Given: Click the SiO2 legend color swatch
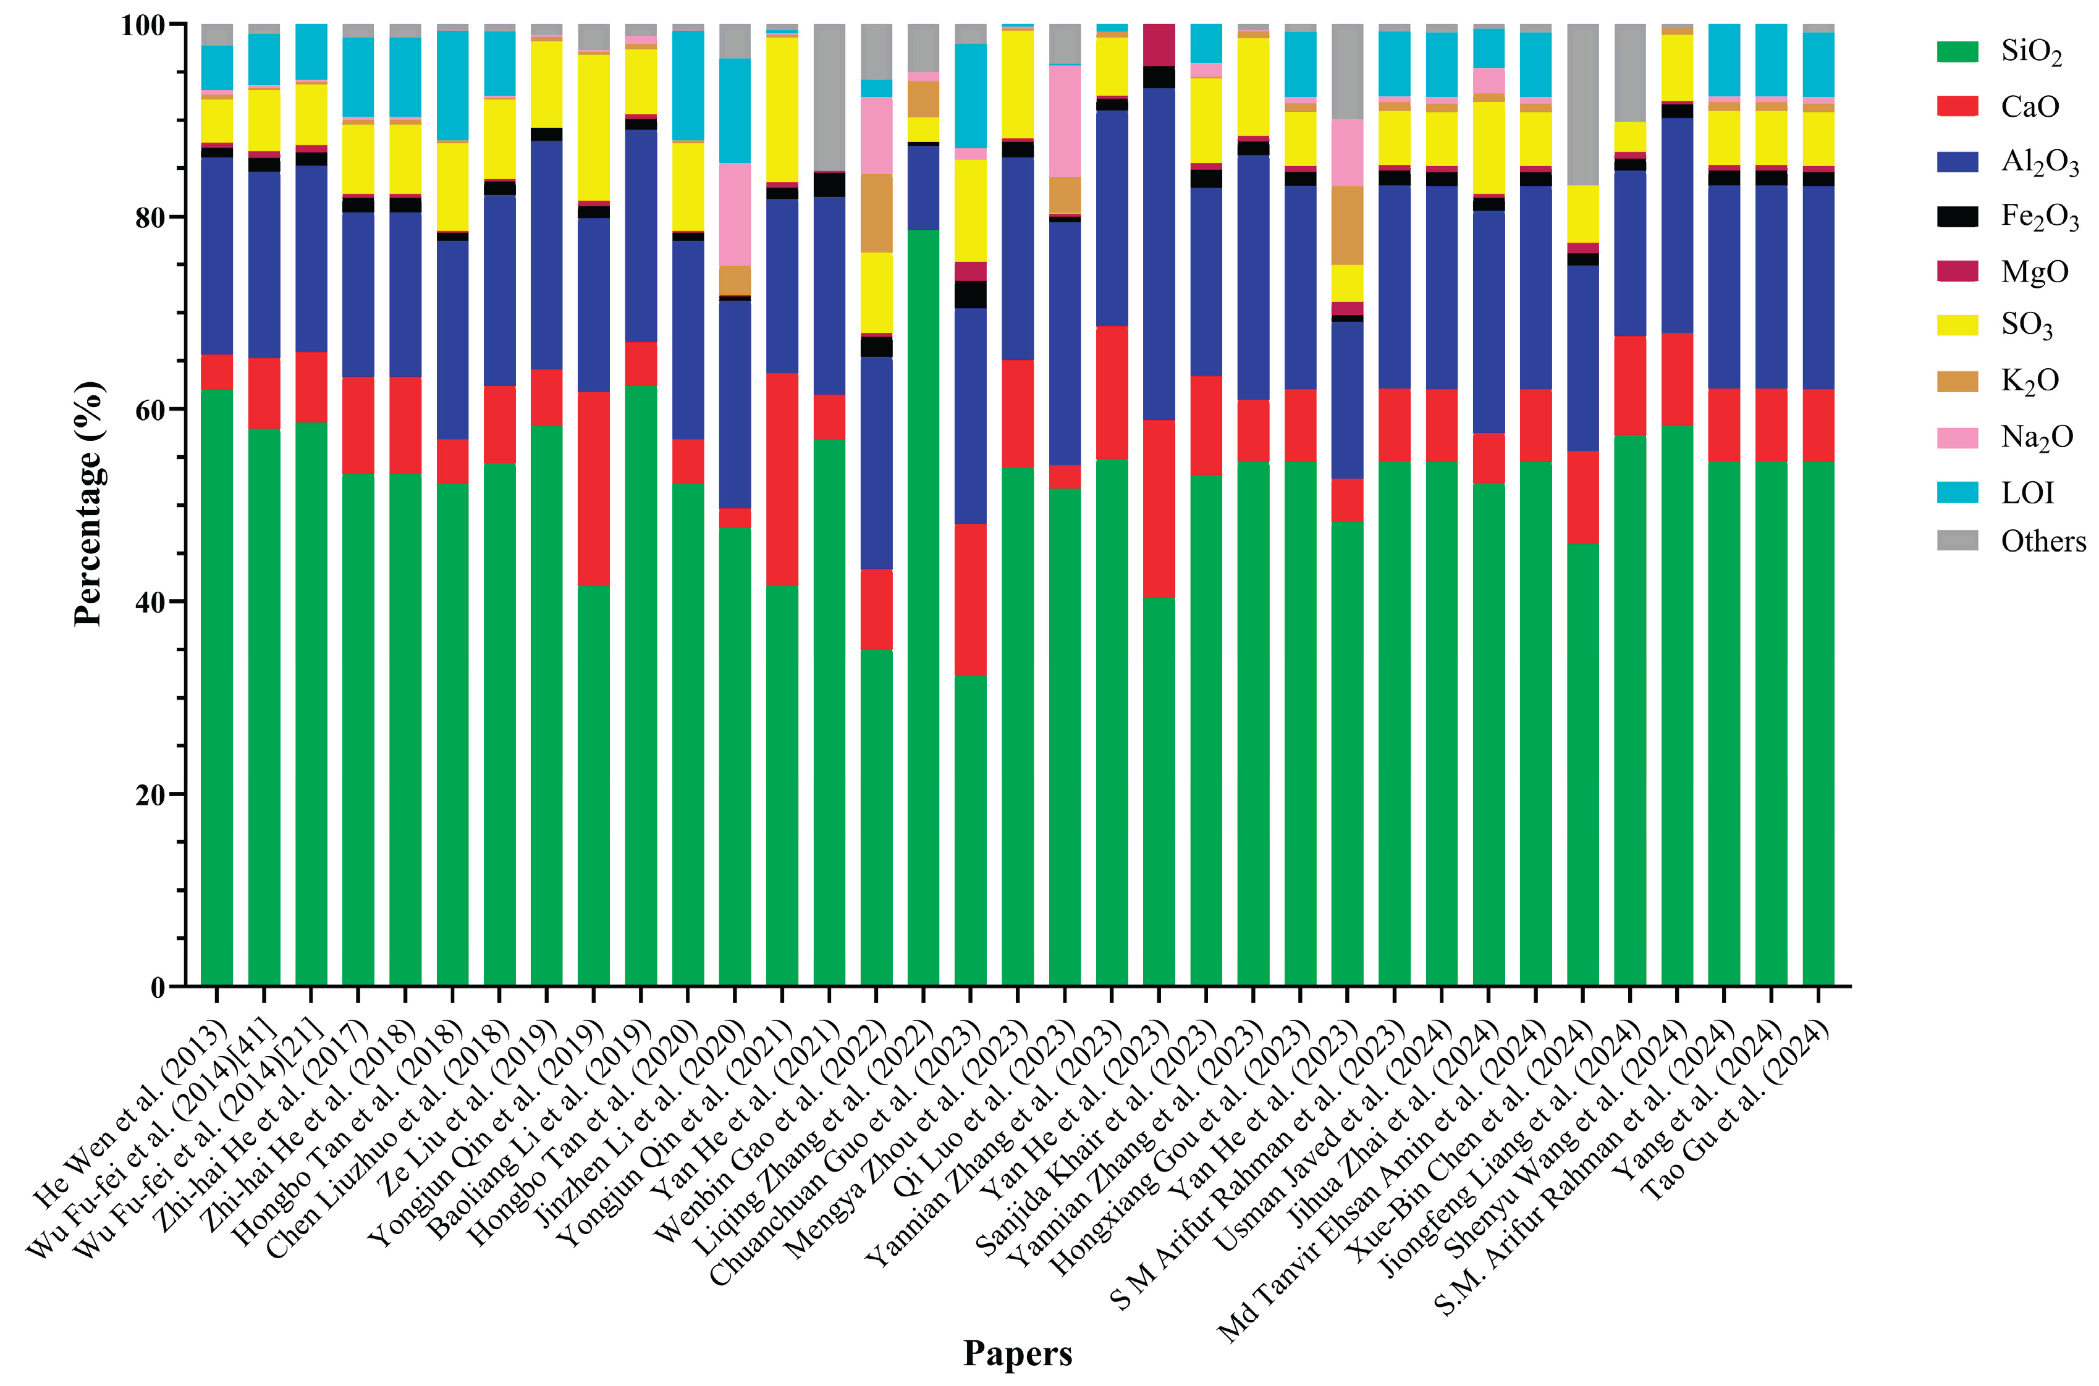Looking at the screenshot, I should point(1957,52).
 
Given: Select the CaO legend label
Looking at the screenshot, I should point(2030,107).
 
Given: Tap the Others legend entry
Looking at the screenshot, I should point(2042,541).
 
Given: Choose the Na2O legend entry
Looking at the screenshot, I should point(2036,437).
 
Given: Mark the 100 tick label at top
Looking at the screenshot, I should point(141,25).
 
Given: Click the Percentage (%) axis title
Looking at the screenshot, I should point(88,504).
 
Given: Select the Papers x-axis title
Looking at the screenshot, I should point(1017,1353).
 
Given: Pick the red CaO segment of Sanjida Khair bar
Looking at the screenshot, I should point(1159,509).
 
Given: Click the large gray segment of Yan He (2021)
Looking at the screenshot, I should point(829,97).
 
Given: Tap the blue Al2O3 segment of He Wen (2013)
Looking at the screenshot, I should point(217,256).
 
